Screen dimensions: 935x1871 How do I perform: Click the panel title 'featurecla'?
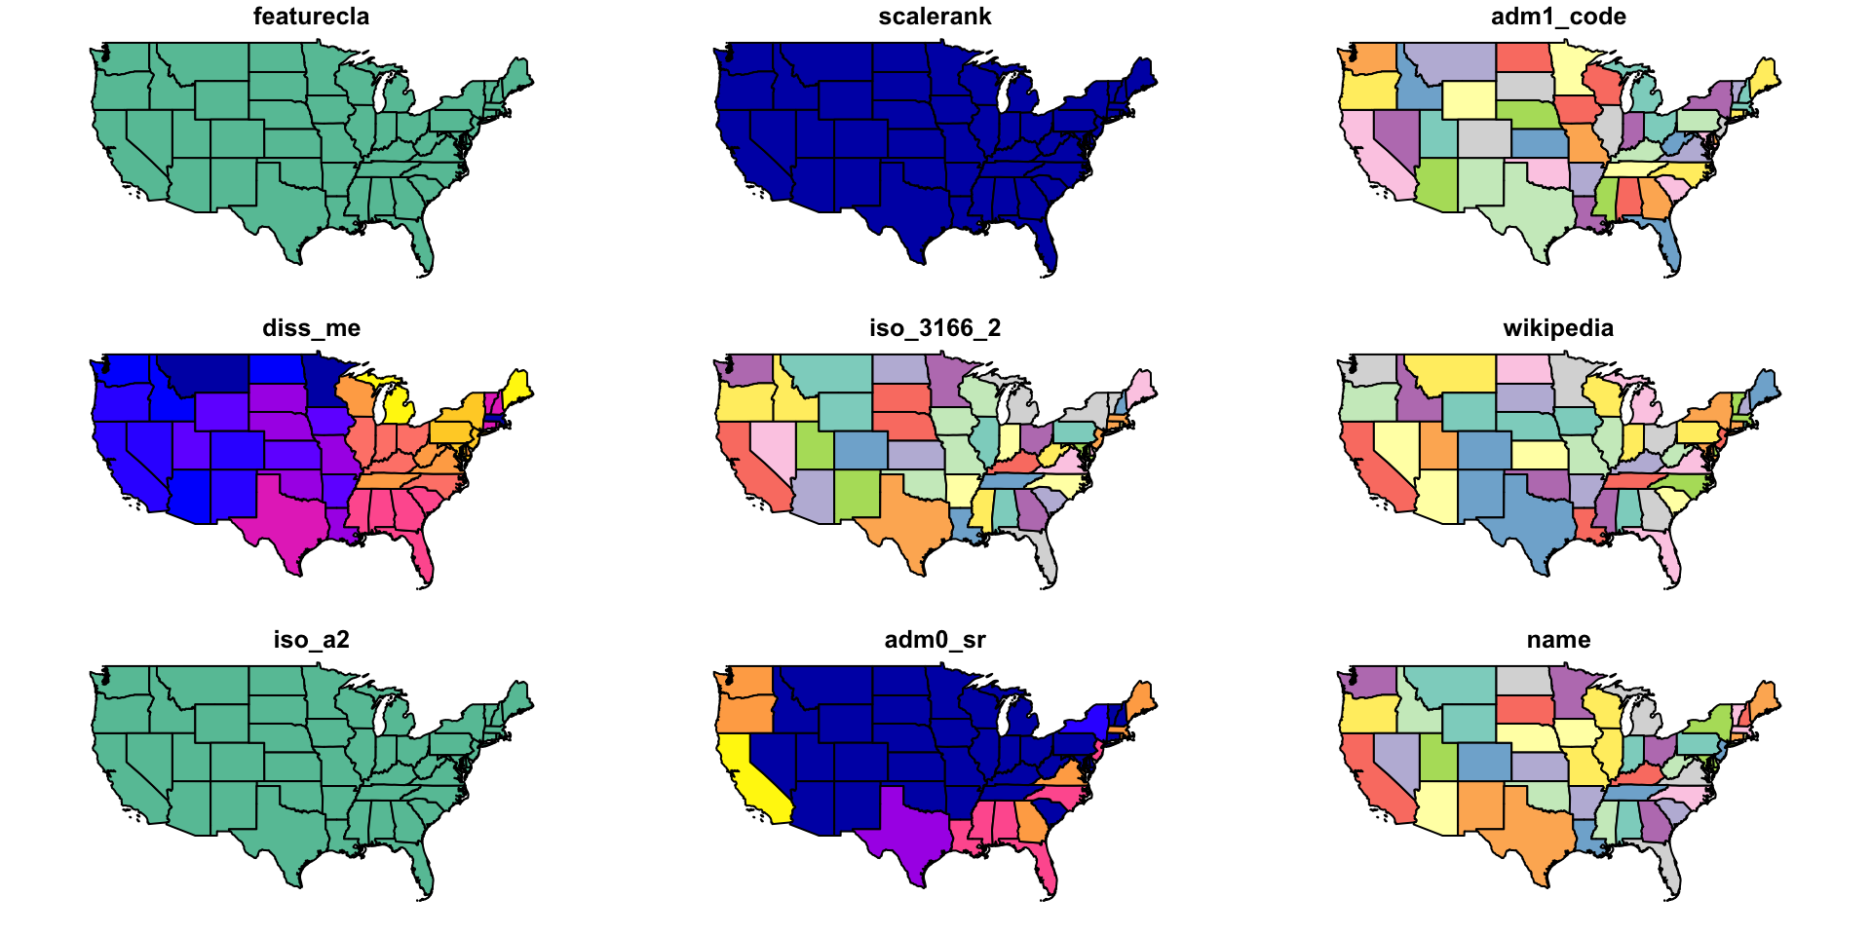(311, 17)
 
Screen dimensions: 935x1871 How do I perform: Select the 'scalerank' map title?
(935, 17)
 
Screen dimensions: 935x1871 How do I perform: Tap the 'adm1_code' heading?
(1558, 17)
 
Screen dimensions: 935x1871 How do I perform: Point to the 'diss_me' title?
(311, 328)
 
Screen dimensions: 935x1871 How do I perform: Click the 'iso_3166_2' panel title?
(935, 328)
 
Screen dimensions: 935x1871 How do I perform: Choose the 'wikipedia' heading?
(1558, 328)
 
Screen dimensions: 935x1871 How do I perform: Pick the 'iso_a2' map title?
(311, 640)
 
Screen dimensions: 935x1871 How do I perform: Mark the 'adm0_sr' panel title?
(935, 640)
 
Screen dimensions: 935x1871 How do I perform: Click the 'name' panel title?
(1558, 640)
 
